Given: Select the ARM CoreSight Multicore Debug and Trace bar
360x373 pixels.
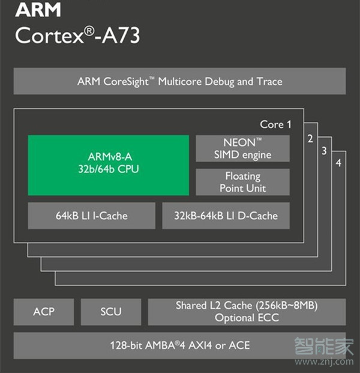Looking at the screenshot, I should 179,81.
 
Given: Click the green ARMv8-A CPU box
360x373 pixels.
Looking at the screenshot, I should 108,165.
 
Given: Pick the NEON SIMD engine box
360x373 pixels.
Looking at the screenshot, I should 242,148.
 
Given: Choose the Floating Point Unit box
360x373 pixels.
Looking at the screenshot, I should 242,182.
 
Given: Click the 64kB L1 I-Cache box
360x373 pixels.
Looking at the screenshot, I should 92,215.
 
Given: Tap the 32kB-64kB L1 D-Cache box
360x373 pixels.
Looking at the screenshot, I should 226,215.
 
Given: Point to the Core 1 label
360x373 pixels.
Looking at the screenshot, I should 275,124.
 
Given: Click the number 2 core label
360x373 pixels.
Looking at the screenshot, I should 310,139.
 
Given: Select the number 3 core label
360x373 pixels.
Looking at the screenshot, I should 324,151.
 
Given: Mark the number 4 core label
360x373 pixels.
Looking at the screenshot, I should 338,163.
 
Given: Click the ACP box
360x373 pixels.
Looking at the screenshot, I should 43,312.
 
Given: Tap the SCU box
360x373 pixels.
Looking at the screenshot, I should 110,312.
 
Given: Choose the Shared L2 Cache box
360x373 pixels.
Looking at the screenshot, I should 247,312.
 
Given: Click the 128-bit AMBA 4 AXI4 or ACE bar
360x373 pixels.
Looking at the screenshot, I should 179,345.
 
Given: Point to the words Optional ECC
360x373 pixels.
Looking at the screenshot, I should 247,318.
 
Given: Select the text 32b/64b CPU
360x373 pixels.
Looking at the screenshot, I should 108,170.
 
